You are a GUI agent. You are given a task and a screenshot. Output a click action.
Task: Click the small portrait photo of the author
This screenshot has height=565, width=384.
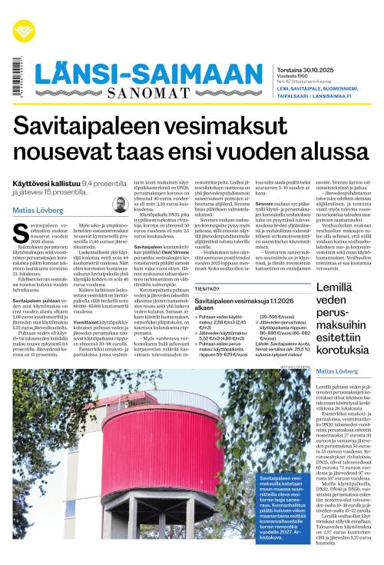pos(119,204)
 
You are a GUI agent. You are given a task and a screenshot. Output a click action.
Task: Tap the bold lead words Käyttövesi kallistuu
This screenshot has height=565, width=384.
pos(46,183)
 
